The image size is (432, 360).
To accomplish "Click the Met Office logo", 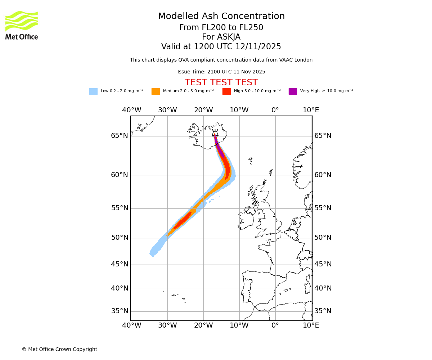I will click(22, 25).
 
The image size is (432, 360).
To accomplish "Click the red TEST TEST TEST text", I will click(221, 83).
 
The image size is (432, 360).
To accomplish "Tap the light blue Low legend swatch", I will click(93, 91).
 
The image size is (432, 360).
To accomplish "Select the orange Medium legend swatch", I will click(156, 91).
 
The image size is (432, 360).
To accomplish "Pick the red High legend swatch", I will click(226, 91).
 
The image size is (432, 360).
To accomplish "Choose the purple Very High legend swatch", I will click(293, 91).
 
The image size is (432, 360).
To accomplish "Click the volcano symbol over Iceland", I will click(215, 133).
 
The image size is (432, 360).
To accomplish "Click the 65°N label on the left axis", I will click(120, 136).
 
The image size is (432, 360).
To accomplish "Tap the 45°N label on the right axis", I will click(323, 264).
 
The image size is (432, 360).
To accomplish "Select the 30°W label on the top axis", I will click(167, 110).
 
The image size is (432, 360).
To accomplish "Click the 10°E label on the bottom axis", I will click(311, 325).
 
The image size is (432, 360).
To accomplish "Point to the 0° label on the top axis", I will click(275, 110).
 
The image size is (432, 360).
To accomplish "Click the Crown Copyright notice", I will click(59, 349).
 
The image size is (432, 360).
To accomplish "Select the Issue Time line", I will click(221, 72).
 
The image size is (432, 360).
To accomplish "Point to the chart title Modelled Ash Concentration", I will click(221, 17).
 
